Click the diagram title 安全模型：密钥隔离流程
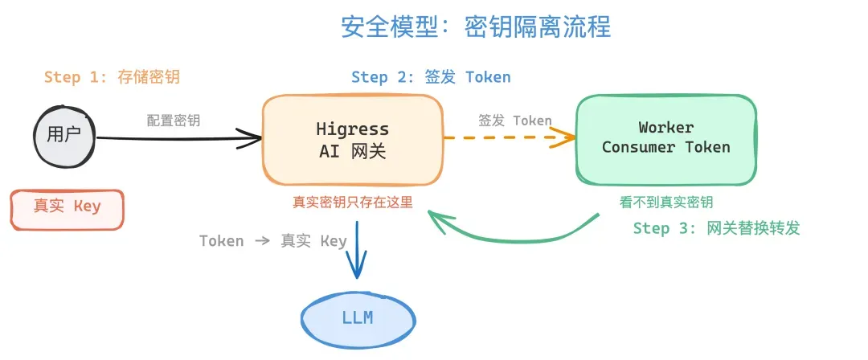coord(476,27)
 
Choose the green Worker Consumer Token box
coord(665,138)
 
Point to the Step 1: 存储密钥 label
coord(112,77)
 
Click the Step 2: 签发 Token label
coord(431,77)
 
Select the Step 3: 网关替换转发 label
coord(716,228)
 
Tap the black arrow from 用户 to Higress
coord(177,139)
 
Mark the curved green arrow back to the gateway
coord(514,236)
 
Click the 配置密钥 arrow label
coord(174,121)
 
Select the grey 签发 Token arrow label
coord(514,121)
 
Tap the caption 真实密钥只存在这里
coord(352,202)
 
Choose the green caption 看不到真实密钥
coord(666,202)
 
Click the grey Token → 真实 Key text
coord(272,240)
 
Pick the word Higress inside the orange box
coord(352,129)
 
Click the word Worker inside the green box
coord(665,127)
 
